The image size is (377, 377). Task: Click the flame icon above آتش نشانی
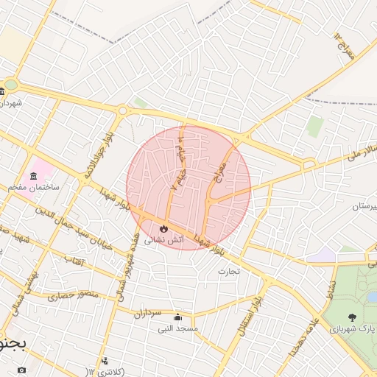(163, 229)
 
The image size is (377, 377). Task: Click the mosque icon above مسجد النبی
(177, 317)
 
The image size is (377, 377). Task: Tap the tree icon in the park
(351, 317)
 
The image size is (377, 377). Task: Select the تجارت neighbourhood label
(229, 271)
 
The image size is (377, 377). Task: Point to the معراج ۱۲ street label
(343, 46)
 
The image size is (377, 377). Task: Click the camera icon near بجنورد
(21, 369)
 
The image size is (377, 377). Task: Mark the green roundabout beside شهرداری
(11, 85)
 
